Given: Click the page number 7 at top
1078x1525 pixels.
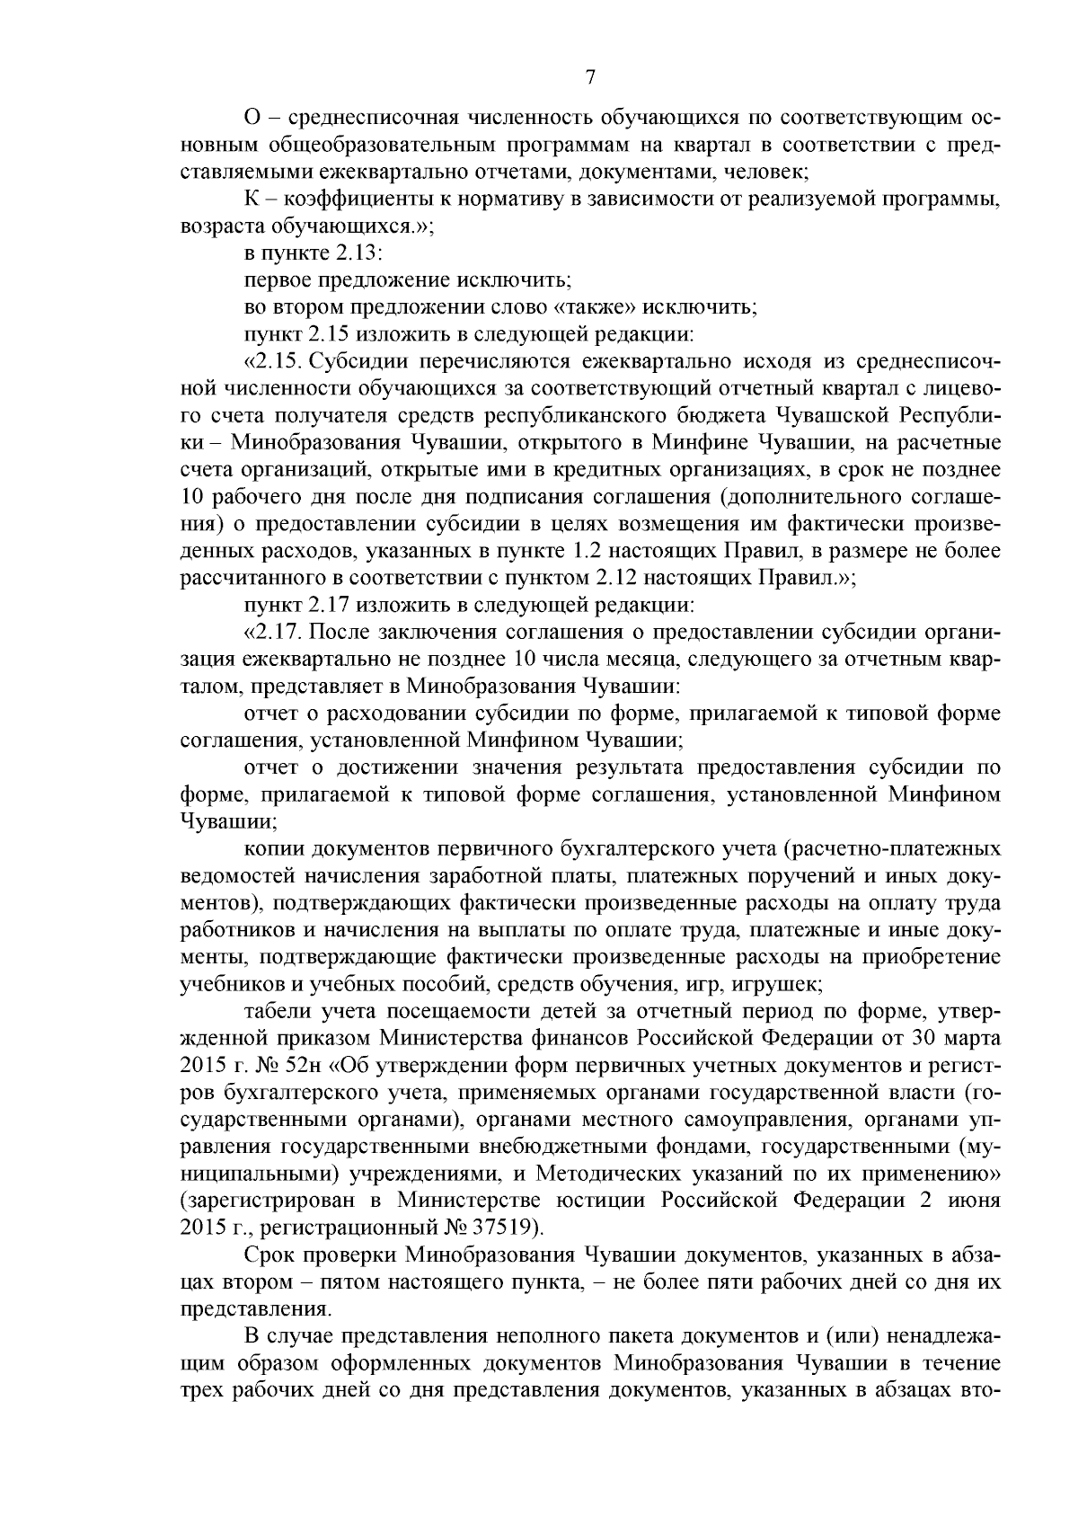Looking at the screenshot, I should [590, 78].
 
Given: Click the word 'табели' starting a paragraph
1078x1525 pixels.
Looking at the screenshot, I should [273, 1011].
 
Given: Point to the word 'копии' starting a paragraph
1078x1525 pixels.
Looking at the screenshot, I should [270, 848].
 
